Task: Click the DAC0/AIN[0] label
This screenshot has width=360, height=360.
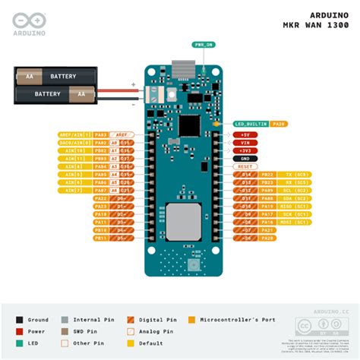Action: pos(74,142)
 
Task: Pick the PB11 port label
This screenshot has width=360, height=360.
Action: pos(100,238)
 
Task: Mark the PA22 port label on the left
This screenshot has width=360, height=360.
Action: pos(100,198)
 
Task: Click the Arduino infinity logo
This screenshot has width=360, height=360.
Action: pos(25,18)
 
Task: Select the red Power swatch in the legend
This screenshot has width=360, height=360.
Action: pos(20,331)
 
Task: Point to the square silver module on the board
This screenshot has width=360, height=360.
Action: pos(182,221)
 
